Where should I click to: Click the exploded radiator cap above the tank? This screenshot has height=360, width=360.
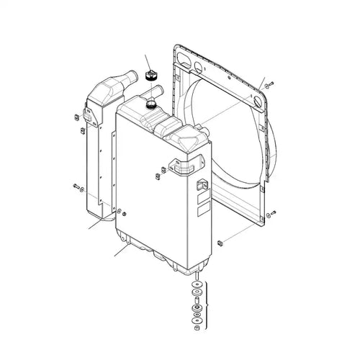(152, 76)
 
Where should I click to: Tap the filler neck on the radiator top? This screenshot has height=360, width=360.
(151, 105)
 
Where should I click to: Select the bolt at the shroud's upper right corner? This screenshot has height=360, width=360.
(268, 86)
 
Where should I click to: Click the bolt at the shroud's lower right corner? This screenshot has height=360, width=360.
(272, 214)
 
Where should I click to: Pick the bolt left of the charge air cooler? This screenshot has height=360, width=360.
(74, 187)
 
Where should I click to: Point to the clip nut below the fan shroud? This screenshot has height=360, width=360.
(220, 241)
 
